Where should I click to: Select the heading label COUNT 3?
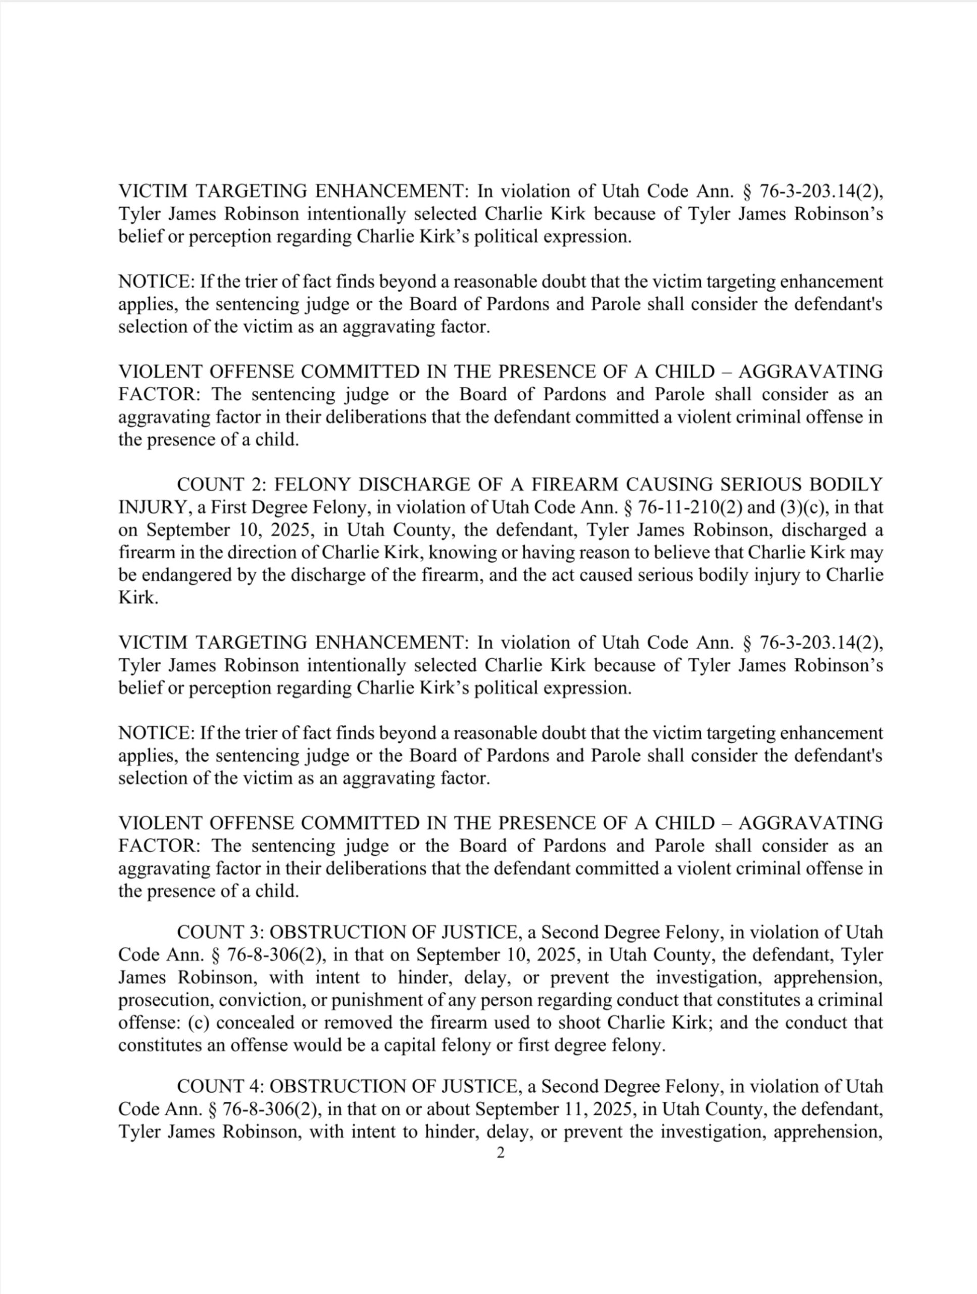[x=219, y=932]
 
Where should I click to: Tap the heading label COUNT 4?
[x=219, y=1086]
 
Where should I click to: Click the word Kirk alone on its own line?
[x=138, y=598]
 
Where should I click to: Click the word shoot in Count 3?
[x=580, y=1023]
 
